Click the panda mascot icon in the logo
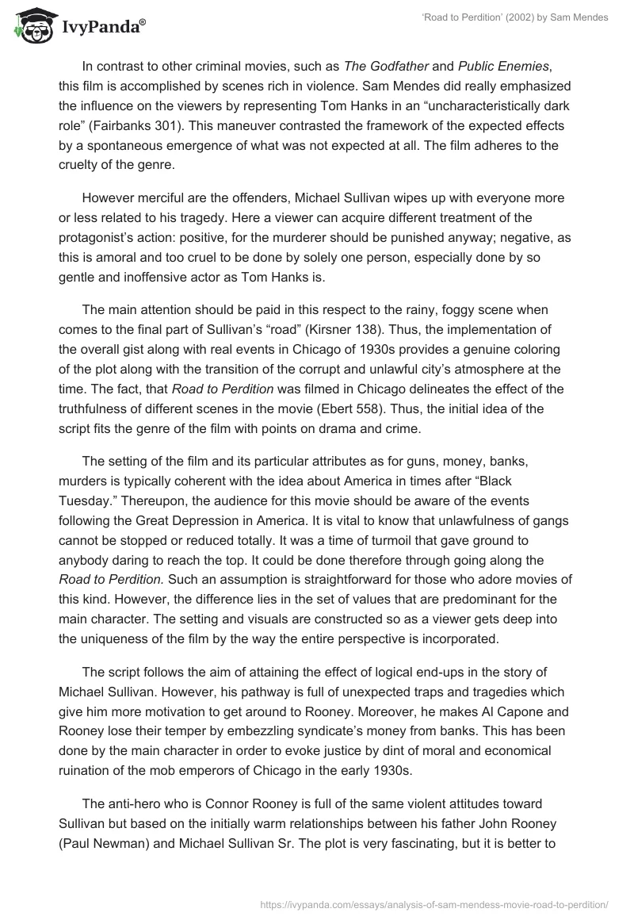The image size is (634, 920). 30,25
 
